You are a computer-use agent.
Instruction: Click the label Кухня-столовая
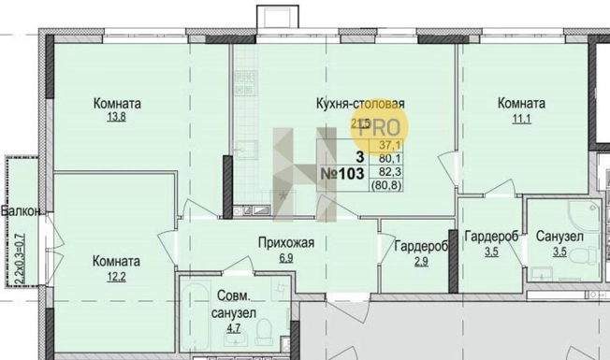pos(360,104)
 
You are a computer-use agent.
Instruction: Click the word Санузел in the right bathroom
pos(559,238)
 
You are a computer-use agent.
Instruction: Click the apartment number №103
pos(343,174)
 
